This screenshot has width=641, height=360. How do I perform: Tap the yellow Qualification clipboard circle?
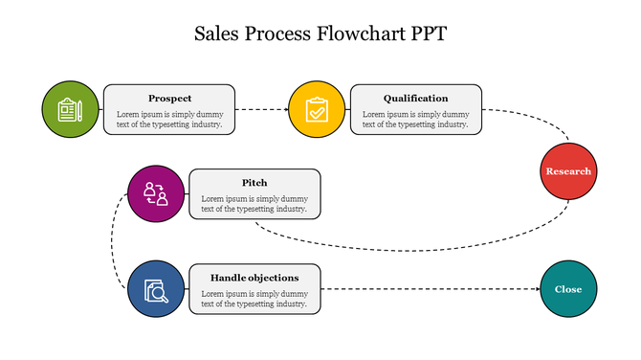pos(317,109)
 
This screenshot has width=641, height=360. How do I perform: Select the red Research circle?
pos(568,171)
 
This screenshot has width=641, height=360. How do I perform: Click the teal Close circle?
pos(568,289)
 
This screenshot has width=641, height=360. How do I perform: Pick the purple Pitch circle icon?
pos(156,194)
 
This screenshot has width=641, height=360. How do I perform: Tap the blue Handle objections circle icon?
pos(156,289)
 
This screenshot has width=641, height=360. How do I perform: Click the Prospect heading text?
pos(169,98)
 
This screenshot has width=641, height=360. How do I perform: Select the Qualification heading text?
pos(415,98)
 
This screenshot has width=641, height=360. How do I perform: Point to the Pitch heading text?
pos(254,182)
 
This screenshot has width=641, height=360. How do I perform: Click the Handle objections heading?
pos(254,278)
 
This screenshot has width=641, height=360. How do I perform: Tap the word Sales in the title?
pos(218,34)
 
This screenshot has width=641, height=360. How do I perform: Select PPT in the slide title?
pos(427,34)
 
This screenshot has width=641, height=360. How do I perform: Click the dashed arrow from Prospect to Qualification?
pos(261,109)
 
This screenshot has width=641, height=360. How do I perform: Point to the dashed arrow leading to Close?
pos(431,289)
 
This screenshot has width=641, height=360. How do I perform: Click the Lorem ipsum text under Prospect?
pos(169,119)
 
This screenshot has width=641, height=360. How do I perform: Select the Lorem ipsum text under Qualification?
pos(415,119)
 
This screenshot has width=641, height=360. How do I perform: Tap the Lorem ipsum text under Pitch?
pos(254,203)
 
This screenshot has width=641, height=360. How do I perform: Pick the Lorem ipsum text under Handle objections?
pos(254,299)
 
